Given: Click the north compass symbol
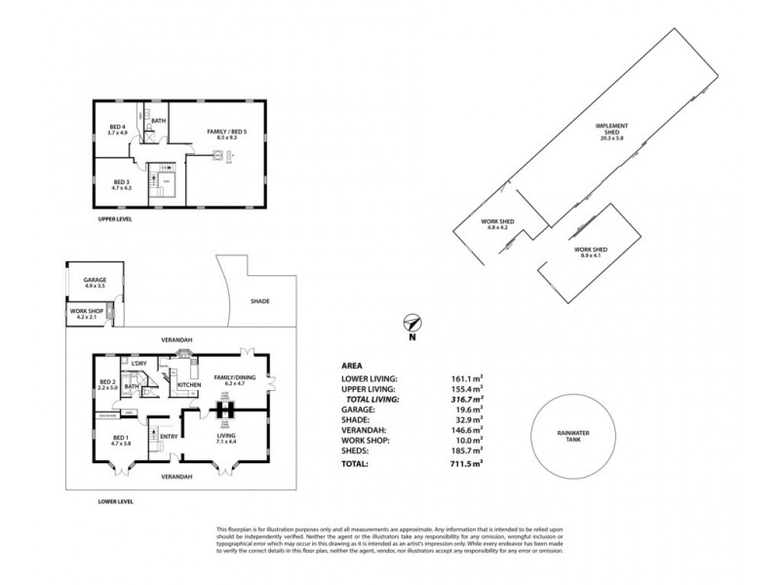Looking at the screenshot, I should [412, 326].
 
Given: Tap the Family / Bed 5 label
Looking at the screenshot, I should [226, 134].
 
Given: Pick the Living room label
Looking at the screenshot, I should [226, 438].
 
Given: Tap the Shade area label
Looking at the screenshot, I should [259, 301].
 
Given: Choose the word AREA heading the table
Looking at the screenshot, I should [353, 366].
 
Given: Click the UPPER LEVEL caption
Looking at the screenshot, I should [114, 218].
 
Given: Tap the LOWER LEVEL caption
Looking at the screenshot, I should [114, 501].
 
